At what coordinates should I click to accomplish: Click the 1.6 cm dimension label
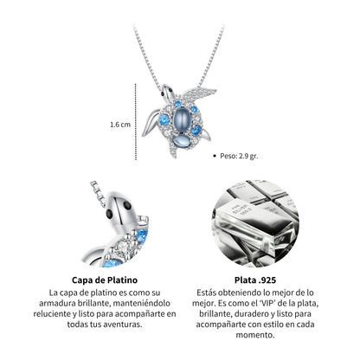pyautogui.click(x=120, y=125)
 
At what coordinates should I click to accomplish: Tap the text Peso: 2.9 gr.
pyautogui.click(x=239, y=156)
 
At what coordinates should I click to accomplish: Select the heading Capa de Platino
pyautogui.click(x=105, y=280)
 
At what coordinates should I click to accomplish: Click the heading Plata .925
pyautogui.click(x=255, y=280)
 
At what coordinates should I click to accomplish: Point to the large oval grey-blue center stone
pyautogui.click(x=181, y=119)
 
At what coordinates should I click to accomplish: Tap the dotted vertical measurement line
pyautogui.click(x=136, y=122)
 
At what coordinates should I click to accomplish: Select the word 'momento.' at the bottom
pyautogui.click(x=255, y=335)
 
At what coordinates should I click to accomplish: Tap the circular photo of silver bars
pyautogui.click(x=255, y=223)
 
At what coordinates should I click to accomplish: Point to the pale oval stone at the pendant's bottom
pyautogui.click(x=180, y=141)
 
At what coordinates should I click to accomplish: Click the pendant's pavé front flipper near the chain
pyautogui.click(x=199, y=93)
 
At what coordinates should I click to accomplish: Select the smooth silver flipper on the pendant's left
pyautogui.click(x=151, y=124)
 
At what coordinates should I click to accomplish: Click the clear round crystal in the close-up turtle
pyautogui.click(x=124, y=246)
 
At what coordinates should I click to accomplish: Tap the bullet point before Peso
pyautogui.click(x=214, y=156)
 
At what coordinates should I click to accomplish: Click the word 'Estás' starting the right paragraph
pyautogui.click(x=206, y=292)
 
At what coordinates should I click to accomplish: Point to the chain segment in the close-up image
pyautogui.click(x=98, y=193)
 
